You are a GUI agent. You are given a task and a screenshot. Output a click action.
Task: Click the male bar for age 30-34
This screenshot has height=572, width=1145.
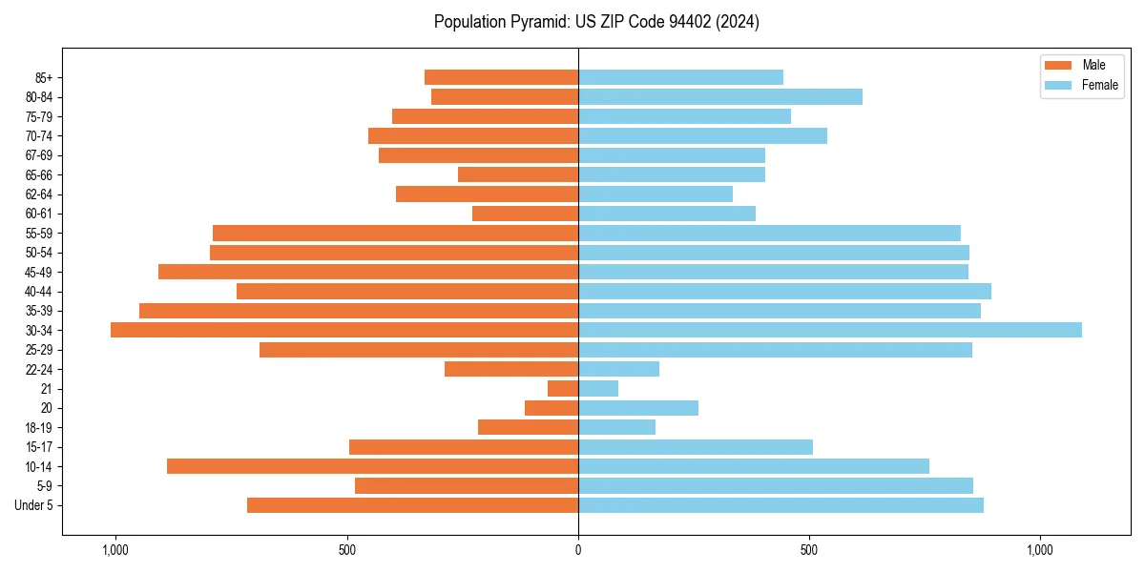[x=344, y=330]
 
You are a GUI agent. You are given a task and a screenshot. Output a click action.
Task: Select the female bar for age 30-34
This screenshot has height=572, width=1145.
[x=830, y=330]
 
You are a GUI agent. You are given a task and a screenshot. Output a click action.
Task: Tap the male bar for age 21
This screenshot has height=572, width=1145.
[x=563, y=388]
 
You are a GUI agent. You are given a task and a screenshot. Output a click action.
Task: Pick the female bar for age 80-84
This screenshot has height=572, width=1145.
[x=720, y=96]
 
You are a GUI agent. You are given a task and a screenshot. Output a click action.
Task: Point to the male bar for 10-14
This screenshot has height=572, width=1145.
[x=372, y=466]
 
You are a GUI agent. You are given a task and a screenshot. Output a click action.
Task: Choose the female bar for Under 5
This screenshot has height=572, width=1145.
[x=781, y=505]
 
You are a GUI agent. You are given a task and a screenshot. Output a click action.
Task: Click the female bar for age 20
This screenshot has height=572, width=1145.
[x=638, y=408]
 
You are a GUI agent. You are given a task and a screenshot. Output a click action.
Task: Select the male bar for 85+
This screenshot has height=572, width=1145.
[x=501, y=77]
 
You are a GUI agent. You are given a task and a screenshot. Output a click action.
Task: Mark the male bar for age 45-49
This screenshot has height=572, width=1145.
[x=368, y=272]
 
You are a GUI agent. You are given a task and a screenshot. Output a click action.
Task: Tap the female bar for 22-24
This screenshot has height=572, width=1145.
[x=618, y=369]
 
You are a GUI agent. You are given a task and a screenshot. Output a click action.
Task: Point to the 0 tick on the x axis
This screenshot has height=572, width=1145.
[x=578, y=550]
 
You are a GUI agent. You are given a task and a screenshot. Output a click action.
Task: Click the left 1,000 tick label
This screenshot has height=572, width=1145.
[x=115, y=550]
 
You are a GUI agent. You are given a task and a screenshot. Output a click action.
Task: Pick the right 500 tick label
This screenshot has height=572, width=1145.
[x=809, y=550]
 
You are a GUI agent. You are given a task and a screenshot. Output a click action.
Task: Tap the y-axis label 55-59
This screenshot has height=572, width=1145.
[x=38, y=233]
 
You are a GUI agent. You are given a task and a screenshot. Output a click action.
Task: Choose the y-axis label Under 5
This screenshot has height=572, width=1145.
[x=34, y=505]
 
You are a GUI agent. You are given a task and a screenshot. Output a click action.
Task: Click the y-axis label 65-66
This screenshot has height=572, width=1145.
[x=38, y=174]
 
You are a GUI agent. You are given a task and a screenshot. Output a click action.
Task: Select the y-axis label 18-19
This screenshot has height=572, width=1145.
[x=38, y=427]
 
